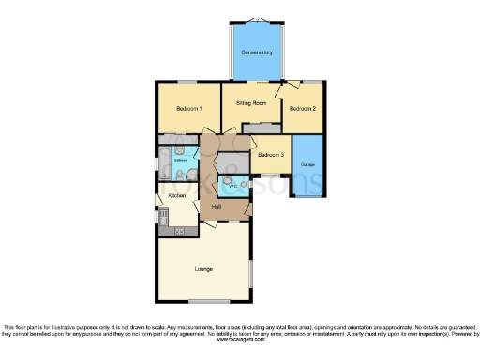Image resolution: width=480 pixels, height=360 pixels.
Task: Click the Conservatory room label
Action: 256,52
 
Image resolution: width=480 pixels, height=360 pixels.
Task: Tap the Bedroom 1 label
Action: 189,108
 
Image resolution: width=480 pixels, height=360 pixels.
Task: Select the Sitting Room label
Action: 251,102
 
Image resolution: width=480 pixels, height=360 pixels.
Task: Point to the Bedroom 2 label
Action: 302,109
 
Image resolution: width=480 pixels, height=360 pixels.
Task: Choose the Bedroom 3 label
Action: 271,154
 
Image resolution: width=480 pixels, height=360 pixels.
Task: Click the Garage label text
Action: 307,165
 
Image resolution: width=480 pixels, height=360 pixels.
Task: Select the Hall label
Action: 217,206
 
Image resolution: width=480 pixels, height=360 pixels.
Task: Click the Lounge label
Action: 203,269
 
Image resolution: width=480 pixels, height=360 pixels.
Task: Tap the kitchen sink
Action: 162,215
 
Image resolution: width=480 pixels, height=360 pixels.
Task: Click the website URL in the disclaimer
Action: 239,341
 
